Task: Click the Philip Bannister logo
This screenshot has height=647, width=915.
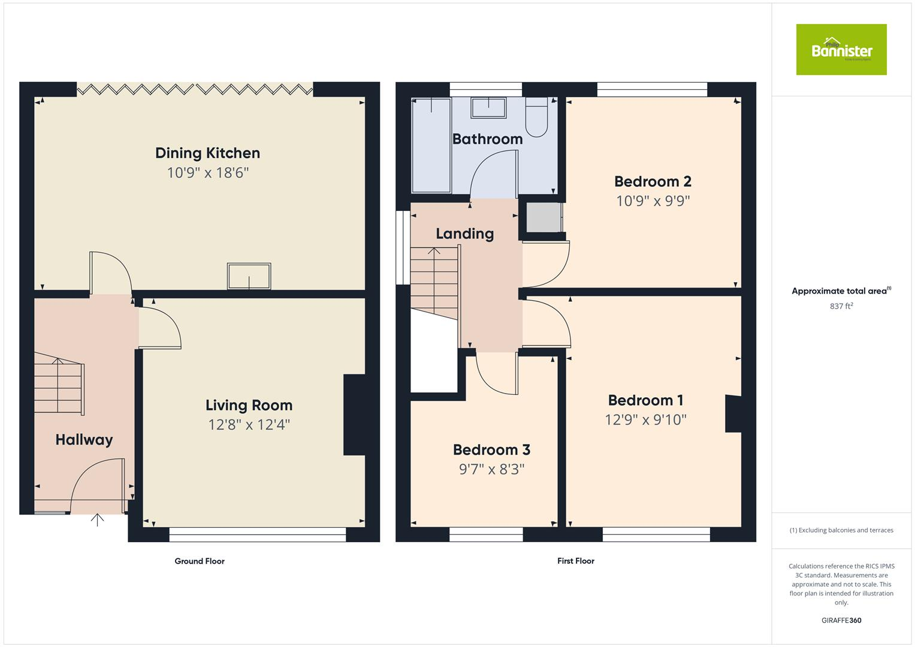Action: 841,50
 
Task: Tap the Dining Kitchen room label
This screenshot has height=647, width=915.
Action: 207,153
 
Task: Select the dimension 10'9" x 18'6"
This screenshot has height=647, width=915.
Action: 207,173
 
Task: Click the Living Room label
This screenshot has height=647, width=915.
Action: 249,406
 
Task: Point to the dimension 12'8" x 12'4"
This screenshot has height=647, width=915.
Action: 249,425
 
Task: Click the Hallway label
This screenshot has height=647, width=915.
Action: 84,440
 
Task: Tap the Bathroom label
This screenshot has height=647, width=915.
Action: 487,139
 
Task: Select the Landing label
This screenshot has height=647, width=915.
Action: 464,234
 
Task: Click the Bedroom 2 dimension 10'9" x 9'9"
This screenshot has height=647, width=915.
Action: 653,201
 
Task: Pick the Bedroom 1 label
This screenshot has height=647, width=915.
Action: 645,400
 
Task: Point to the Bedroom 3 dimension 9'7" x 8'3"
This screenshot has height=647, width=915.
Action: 491,469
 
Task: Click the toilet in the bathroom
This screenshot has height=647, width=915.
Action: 536,117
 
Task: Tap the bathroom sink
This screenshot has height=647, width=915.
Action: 488,108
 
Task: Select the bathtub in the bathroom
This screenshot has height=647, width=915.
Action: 431,146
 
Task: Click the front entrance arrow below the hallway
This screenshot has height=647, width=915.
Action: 97,519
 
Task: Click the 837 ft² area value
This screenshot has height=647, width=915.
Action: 841,306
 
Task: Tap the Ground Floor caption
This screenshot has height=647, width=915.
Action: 200,561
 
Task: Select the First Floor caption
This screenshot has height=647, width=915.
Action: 575,561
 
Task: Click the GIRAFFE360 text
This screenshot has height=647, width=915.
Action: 841,621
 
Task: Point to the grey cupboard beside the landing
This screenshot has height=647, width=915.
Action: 543,217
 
